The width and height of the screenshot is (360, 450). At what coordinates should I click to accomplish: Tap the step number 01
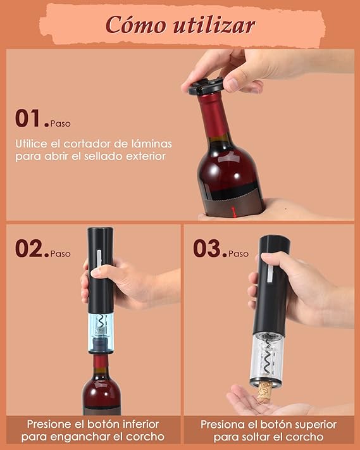click(29, 118)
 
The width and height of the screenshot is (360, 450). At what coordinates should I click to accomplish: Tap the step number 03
click(208, 248)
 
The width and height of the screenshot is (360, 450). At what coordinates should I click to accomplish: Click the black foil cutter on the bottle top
click(206, 86)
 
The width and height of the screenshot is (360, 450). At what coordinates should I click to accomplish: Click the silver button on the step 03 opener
click(271, 277)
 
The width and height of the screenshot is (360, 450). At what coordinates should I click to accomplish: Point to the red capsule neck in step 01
click(213, 116)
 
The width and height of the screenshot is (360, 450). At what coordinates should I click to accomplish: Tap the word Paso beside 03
click(239, 253)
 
